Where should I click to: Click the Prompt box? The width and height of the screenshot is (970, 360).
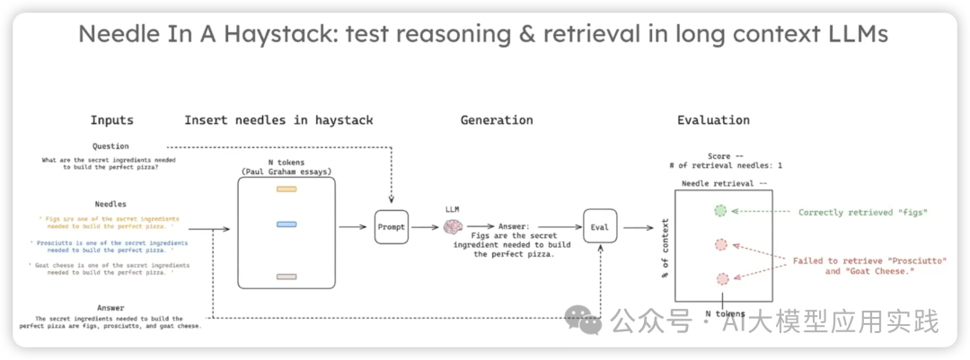[392, 227]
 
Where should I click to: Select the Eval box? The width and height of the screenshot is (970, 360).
[600, 227]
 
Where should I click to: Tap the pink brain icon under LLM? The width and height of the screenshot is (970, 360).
[454, 228]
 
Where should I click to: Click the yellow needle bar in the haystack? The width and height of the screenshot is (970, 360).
[287, 189]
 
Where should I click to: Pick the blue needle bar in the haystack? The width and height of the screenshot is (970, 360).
[287, 224]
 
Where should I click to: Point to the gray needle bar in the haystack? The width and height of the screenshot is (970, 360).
[287, 277]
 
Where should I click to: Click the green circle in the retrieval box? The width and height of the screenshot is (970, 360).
[720, 212]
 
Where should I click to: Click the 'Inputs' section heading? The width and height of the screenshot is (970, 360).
[111, 120]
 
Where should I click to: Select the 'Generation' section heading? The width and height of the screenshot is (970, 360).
[497, 120]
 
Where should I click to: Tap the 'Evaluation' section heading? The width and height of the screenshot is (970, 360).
[713, 120]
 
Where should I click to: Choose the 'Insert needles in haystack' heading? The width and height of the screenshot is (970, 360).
[278, 120]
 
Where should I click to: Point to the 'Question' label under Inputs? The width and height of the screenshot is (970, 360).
[110, 146]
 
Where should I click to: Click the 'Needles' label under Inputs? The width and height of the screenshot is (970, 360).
[110, 205]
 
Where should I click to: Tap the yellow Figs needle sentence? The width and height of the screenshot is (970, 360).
[110, 222]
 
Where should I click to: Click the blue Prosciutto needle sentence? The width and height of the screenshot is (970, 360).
[110, 248]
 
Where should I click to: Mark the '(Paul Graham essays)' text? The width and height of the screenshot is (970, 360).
[287, 171]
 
